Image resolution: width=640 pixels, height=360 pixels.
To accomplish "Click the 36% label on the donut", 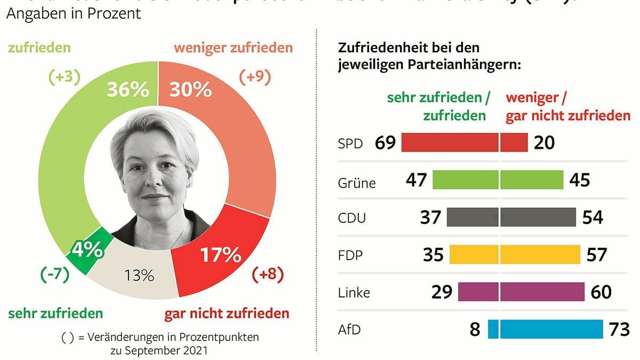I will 127,90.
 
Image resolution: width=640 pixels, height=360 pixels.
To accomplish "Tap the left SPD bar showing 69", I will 450,142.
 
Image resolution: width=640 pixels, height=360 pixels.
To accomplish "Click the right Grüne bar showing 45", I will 532,180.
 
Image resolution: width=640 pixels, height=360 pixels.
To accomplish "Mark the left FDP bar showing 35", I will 474,254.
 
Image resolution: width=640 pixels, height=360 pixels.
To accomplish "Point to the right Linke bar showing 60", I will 543,292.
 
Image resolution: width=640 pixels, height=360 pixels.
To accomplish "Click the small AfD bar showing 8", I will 493,329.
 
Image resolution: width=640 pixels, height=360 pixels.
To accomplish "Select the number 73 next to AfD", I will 619,329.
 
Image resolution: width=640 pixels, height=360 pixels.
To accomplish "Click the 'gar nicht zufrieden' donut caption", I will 227,313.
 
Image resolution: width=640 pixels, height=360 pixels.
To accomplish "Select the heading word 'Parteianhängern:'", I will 470,65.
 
